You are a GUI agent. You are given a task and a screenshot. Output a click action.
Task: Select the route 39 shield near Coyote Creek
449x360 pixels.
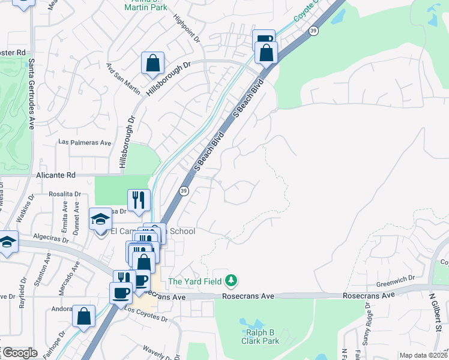[x=313, y=30]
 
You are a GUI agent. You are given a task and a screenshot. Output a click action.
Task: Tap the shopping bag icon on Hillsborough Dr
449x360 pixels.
[x=153, y=63]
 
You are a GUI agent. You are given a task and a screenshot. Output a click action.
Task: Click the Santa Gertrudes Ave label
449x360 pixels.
[x=31, y=93]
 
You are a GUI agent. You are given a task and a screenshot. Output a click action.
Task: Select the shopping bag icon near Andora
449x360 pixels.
[x=83, y=316]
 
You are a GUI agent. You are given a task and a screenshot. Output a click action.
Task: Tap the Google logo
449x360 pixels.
[x=19, y=353]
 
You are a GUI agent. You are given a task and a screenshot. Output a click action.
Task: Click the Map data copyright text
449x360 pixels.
[x=424, y=355]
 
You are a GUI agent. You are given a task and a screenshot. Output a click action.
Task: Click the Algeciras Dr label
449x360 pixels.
[x=54, y=239]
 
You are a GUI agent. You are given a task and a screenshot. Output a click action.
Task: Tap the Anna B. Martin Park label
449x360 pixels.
[x=145, y=6]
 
